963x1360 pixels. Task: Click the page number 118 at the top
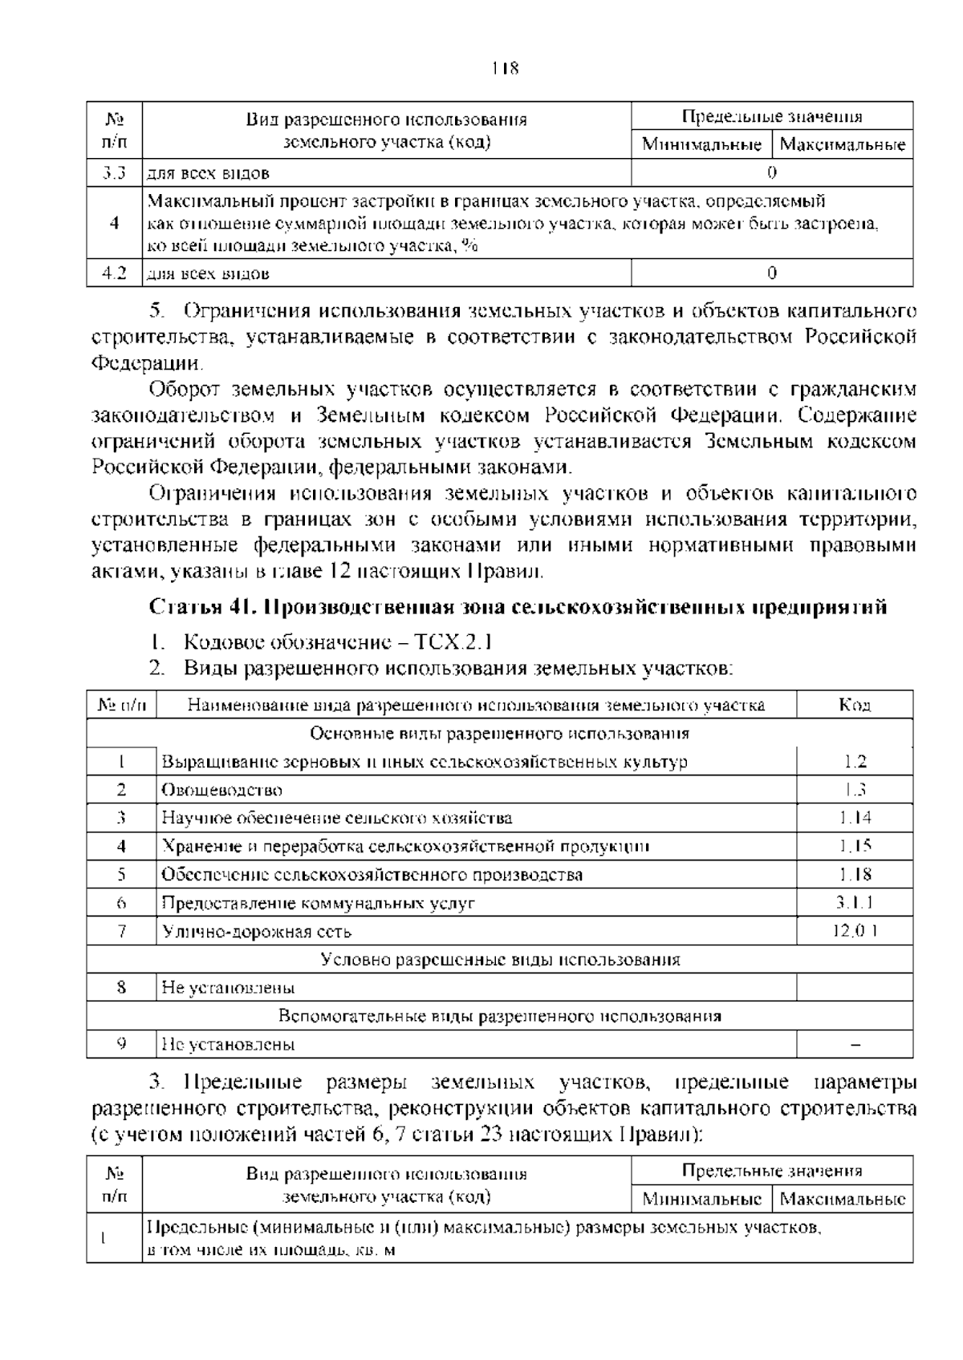point(506,68)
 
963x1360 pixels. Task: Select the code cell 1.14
point(855,818)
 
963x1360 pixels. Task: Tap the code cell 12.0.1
point(855,931)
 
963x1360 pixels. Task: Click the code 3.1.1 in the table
point(855,903)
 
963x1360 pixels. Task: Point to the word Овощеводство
point(222,790)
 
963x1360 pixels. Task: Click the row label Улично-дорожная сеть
point(257,932)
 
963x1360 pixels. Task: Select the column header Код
point(855,705)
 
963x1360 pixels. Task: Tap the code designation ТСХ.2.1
point(453,642)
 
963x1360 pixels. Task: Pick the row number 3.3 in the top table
point(114,172)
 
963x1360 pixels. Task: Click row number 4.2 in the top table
point(114,273)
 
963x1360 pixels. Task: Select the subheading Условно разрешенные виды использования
point(500,960)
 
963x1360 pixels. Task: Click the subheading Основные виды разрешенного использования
point(500,734)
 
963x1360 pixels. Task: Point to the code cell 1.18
point(855,875)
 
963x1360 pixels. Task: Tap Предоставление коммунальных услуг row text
point(319,903)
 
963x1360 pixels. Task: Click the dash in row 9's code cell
point(855,1045)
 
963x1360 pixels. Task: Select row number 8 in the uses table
point(121,988)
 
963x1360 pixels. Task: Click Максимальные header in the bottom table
point(843,1200)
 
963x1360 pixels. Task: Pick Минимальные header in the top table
point(701,145)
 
